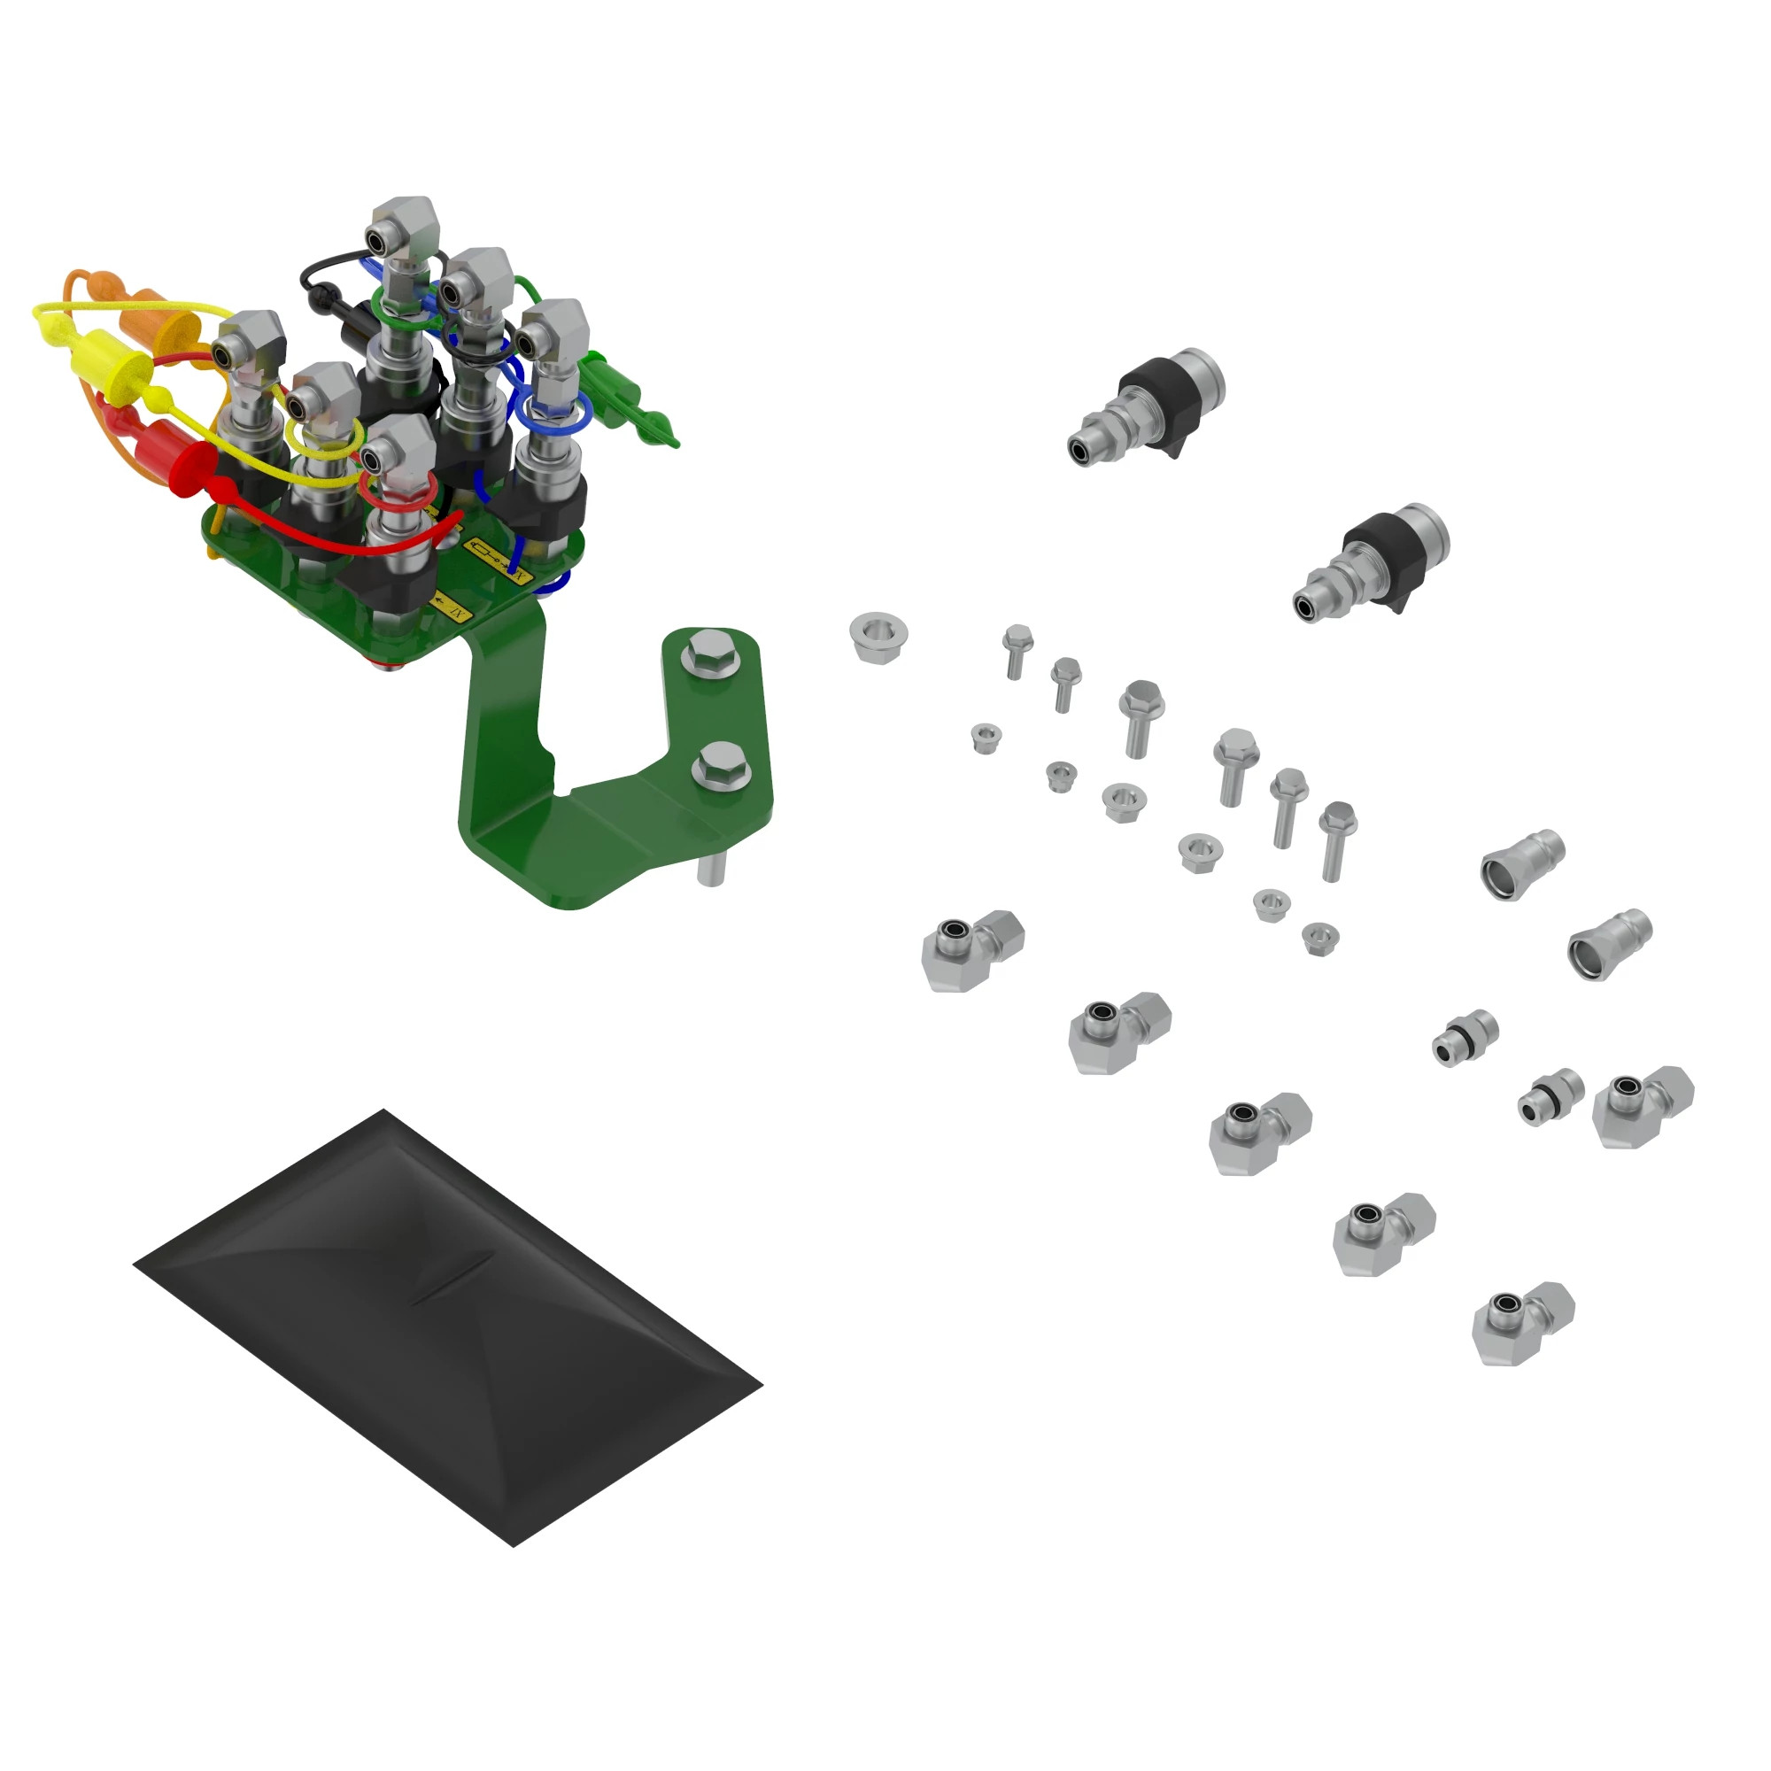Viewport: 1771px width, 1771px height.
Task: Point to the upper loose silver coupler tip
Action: [1521, 863]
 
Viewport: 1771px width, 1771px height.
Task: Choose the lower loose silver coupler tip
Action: [1610, 943]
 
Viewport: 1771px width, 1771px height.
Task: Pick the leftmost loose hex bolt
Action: [1017, 649]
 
